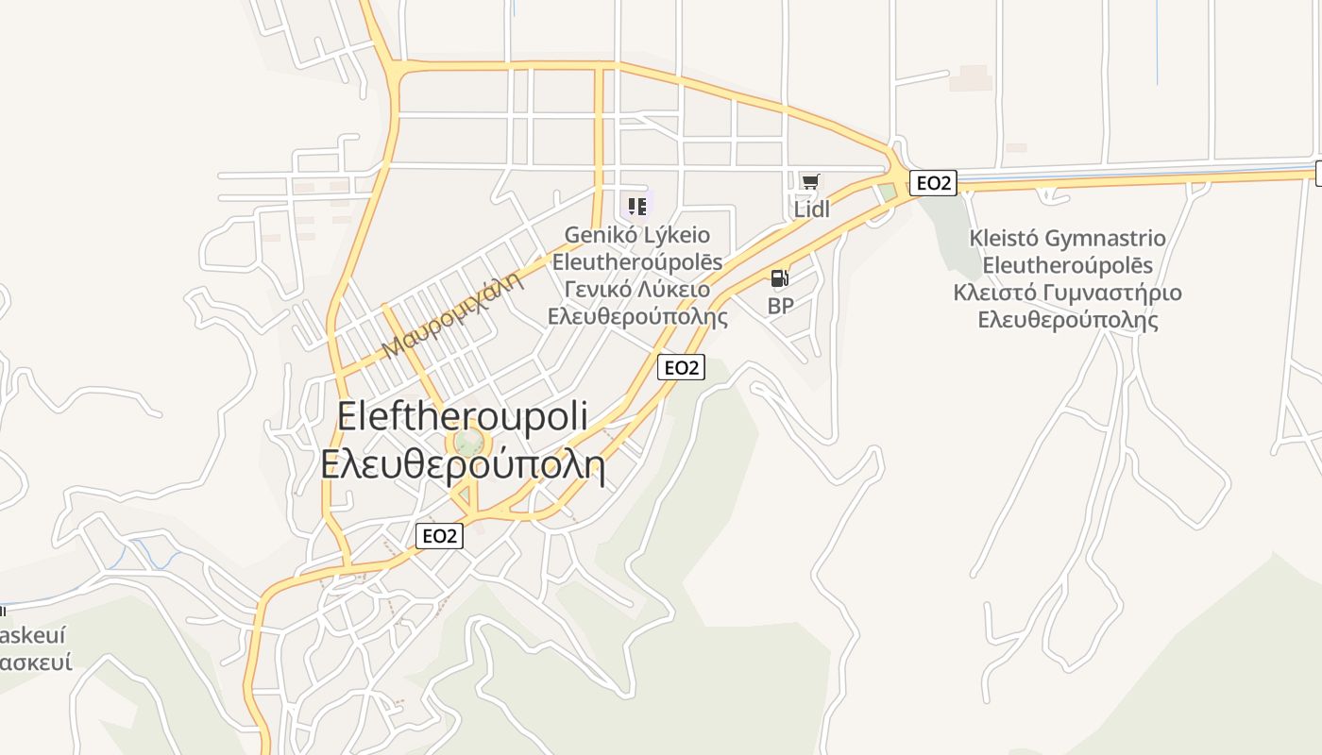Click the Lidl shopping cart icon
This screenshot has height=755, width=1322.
(810, 182)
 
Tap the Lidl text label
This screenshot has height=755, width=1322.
(811, 209)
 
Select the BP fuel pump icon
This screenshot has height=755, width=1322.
(779, 278)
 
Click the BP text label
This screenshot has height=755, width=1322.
(780, 306)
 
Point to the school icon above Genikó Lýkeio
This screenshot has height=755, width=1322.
(637, 205)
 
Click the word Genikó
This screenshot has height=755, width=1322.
(598, 235)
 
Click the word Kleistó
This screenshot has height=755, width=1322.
(1005, 239)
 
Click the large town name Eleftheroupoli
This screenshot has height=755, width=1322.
(463, 416)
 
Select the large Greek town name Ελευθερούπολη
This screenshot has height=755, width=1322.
(463, 464)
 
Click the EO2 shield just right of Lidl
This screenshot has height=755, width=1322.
(933, 183)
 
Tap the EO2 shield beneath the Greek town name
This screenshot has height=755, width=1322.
(440, 536)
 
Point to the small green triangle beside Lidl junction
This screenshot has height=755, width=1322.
(887, 193)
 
